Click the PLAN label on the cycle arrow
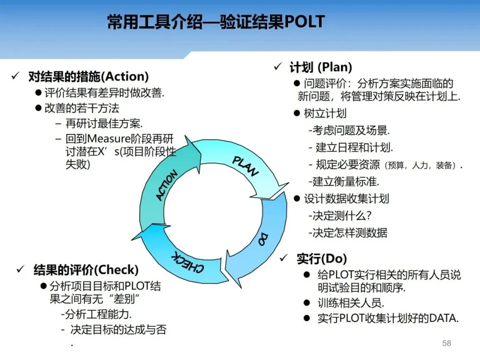(245, 166)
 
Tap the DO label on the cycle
(263, 239)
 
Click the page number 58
(447, 343)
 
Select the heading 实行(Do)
(322, 259)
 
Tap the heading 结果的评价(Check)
(86, 270)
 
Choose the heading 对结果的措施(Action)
(88, 76)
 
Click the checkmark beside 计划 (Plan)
(278, 67)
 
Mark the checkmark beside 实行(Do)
(284, 258)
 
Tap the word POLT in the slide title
(304, 22)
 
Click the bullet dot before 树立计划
(297, 113)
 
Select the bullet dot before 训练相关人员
(306, 303)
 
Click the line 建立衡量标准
(344, 181)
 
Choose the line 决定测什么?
(340, 216)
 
